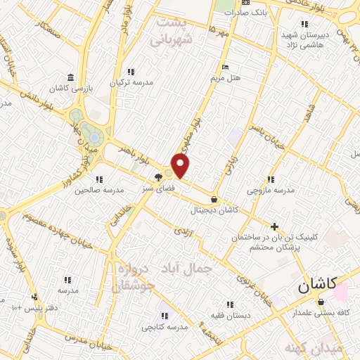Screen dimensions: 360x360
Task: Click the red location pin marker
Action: coord(181,166)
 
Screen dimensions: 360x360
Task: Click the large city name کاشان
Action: coord(311,286)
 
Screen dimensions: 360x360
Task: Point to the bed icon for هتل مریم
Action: coord(225,67)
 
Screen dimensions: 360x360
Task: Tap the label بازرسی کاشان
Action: coord(70,88)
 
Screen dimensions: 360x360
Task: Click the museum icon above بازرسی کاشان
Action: coord(70,77)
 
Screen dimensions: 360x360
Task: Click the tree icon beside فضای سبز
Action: coord(159,178)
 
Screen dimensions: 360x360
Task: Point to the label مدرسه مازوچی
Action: coord(271,191)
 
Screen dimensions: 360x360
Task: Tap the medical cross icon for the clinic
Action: coord(274,226)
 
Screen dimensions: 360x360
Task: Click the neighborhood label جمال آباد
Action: coord(192,268)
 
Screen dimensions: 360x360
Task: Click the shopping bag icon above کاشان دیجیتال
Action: coord(214,200)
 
